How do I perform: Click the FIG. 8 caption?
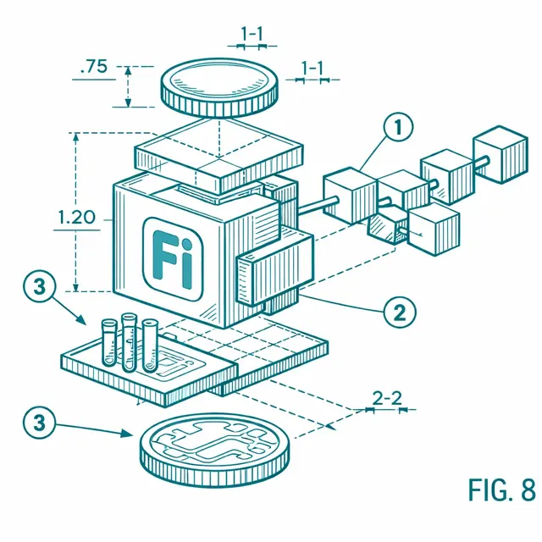tap(502, 489)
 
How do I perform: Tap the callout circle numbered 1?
tap(398, 126)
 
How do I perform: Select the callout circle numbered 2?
tap(400, 312)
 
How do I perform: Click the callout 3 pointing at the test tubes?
tap(39, 286)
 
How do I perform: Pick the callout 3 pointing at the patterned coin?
tap(39, 423)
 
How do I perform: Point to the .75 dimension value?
tap(94, 66)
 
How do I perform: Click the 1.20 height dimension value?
tap(76, 218)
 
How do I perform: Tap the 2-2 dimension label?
tap(387, 398)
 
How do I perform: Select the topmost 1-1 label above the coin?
tap(252, 34)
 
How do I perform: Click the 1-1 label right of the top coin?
tap(312, 68)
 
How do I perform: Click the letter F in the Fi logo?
tap(163, 254)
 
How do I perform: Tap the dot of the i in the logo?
tap(186, 245)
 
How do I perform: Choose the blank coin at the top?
tap(219, 87)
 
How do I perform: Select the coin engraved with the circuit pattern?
tap(215, 450)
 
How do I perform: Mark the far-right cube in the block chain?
tap(501, 154)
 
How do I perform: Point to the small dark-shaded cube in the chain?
tap(387, 224)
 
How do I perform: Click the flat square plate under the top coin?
tap(218, 156)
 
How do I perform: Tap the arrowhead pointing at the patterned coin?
tap(126, 433)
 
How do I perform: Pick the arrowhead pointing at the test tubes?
tap(81, 319)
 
